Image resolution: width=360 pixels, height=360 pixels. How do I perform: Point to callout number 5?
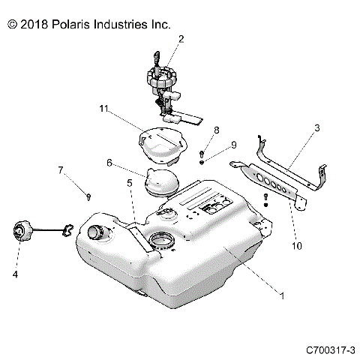[x=130, y=182]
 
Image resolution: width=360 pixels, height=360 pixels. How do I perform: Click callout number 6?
[x=109, y=163]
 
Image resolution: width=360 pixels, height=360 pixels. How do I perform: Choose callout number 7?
[x=61, y=171]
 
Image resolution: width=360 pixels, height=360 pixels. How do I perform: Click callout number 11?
[x=103, y=109]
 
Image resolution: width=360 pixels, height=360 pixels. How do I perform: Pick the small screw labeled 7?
[x=88, y=196]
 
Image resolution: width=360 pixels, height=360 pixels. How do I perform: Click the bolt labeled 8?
[x=202, y=154]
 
